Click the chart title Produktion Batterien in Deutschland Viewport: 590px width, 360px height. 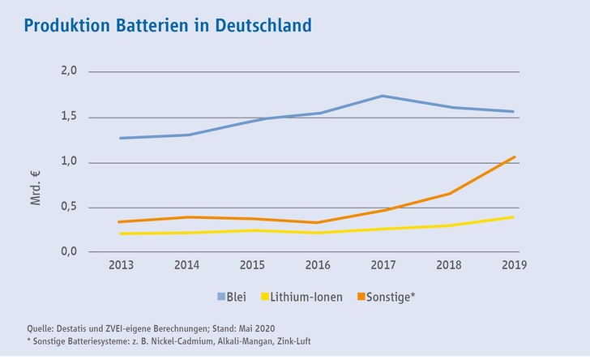(168, 25)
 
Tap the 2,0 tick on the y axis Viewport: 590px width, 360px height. (69, 71)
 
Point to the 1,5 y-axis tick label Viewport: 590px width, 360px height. (69, 117)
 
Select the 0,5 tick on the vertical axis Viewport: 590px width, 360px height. (69, 207)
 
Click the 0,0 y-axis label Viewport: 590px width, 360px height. (69, 251)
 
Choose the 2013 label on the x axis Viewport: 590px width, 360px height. (121, 266)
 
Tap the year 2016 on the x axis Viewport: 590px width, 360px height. (319, 266)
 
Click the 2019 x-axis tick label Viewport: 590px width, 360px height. (515, 266)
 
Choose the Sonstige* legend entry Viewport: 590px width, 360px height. (390, 297)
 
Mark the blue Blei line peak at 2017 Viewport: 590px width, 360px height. (383, 96)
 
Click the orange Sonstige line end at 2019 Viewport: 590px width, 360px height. (515, 156)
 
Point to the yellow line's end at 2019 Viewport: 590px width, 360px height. (515, 217)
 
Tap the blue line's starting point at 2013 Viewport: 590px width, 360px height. (121, 138)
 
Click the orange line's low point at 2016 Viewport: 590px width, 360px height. (319, 222)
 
